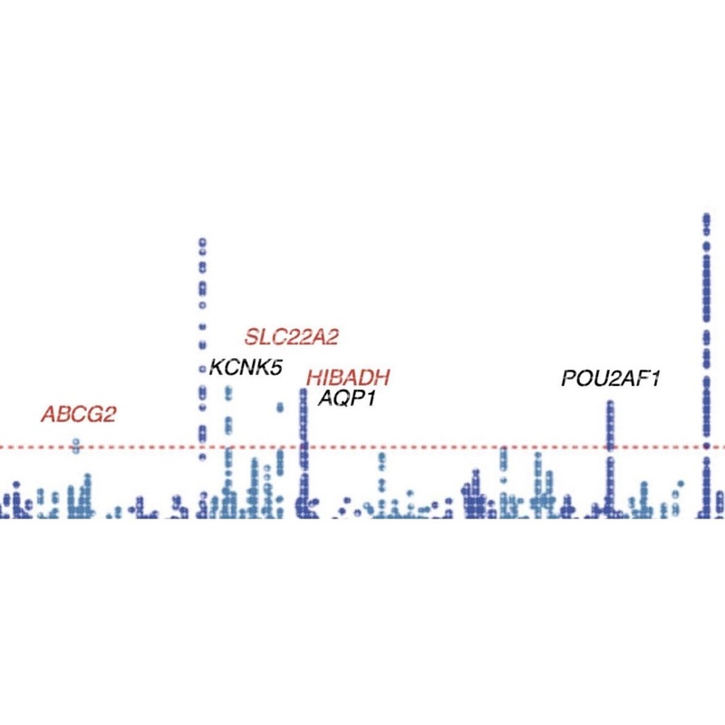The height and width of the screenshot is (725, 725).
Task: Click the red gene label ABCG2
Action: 79,414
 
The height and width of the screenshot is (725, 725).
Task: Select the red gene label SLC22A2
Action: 291,337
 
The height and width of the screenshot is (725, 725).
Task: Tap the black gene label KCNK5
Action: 245,367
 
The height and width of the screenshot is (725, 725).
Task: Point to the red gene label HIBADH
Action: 348,378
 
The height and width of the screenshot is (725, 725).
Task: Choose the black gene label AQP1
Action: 346,397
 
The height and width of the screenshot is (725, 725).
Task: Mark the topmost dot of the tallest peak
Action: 705,217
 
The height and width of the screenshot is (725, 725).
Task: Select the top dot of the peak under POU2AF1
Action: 611,403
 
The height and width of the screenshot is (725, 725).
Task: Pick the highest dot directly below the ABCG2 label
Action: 77,443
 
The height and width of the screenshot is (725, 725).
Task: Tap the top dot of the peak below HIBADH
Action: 304,391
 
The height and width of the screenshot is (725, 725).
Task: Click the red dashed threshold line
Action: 453,447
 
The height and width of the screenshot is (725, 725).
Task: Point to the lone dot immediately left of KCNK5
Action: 202,368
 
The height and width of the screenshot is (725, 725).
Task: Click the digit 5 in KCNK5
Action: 275,367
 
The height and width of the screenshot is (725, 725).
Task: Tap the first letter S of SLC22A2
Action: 252,337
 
